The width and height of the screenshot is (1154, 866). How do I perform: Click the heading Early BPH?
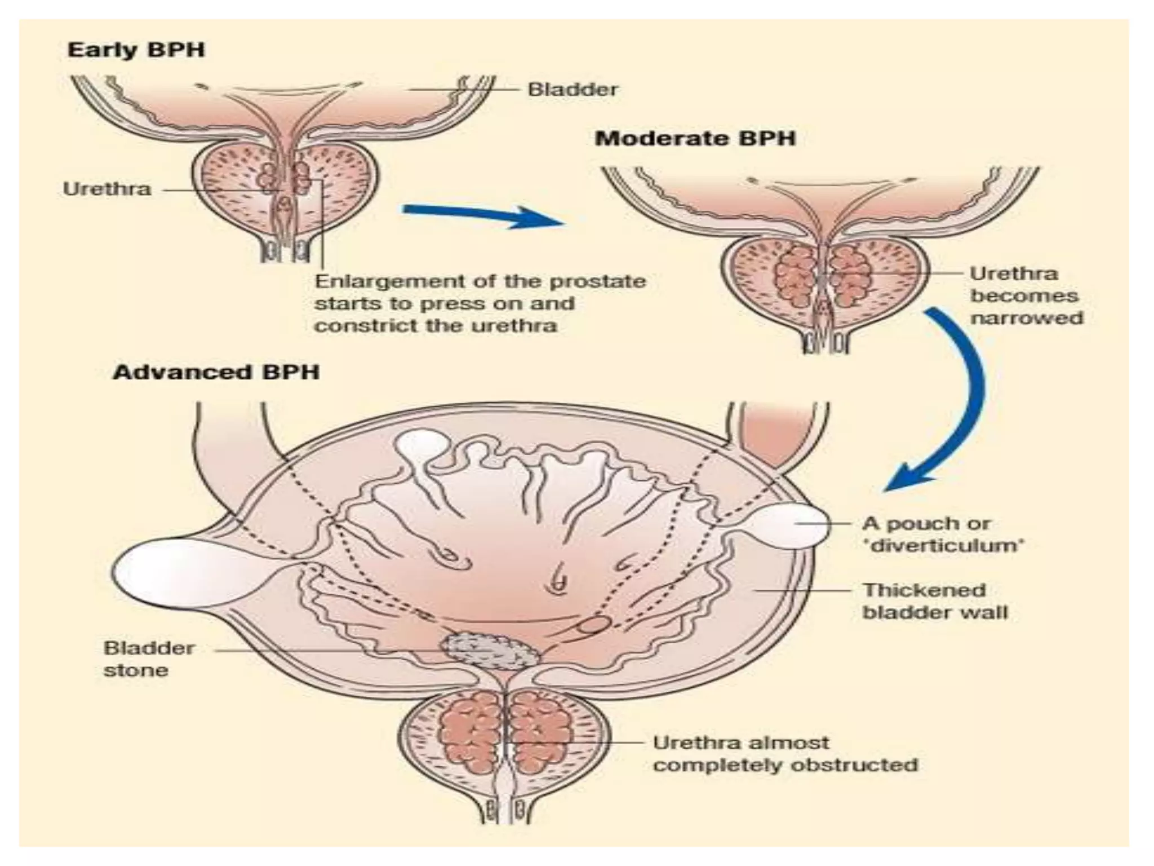click(x=136, y=50)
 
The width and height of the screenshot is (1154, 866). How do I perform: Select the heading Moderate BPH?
click(x=695, y=139)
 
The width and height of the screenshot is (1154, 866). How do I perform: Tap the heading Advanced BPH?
click(x=216, y=373)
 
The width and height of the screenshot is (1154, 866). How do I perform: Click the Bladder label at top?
click(x=572, y=89)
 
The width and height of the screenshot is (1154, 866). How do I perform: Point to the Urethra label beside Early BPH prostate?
click(x=107, y=189)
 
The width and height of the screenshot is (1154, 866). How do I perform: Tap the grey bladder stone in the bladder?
click(x=489, y=650)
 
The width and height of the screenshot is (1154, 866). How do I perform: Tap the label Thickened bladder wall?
click(x=934, y=602)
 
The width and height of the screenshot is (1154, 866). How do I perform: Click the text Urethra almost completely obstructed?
click(x=785, y=754)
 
